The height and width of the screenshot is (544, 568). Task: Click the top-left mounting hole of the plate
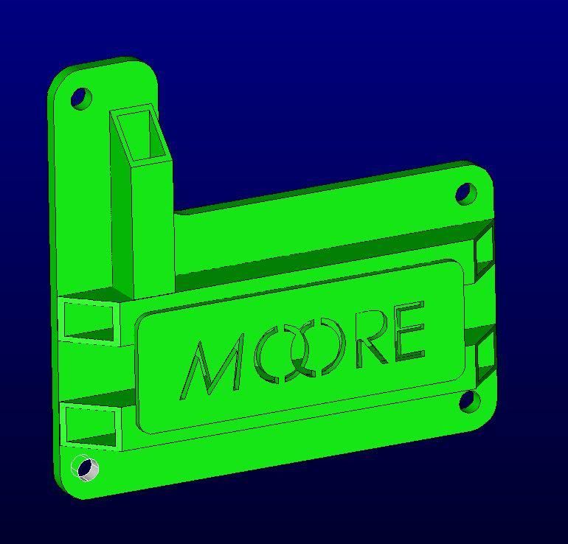point(81,97)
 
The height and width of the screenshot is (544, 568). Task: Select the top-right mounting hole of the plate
point(465,193)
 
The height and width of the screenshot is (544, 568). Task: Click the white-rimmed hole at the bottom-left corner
point(86,468)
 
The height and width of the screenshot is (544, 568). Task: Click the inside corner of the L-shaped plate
point(176,213)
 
